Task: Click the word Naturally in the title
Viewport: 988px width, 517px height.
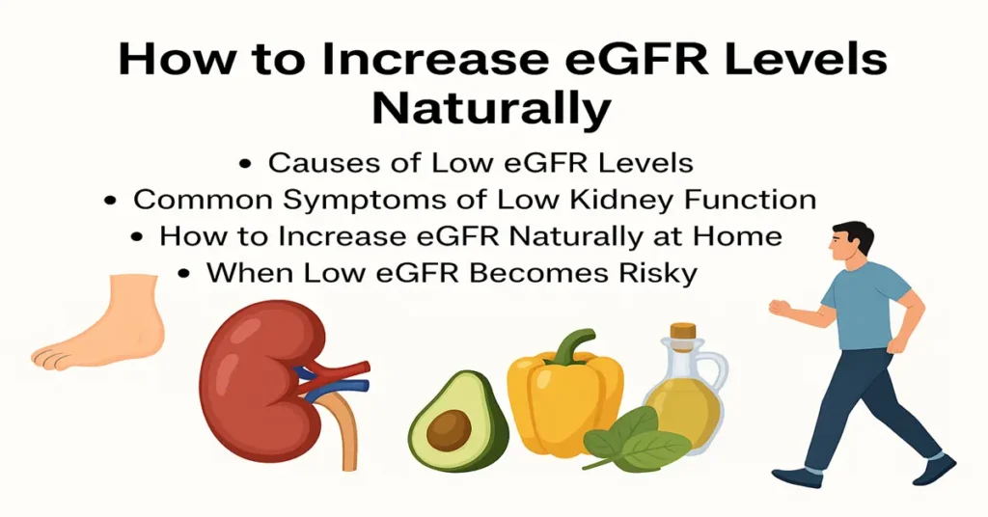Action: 492,109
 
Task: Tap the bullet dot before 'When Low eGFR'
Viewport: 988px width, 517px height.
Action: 183,274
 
